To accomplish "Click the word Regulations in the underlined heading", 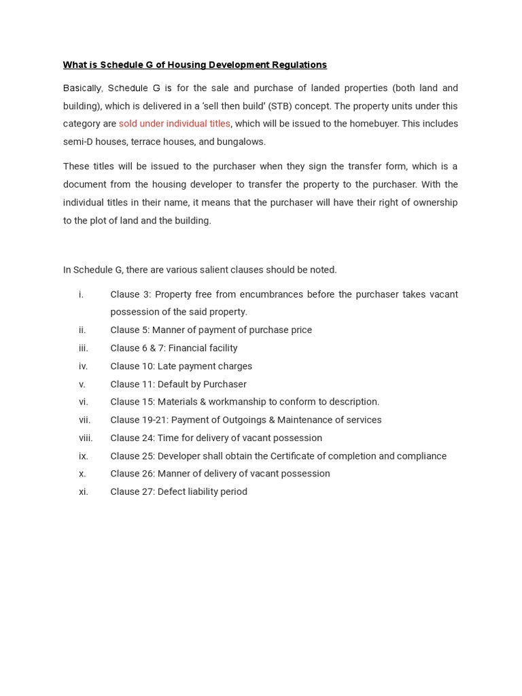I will (x=298, y=65).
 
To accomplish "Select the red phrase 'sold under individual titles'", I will (x=175, y=124).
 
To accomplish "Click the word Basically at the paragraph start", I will (x=82, y=88).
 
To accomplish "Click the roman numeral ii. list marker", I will (x=82, y=330).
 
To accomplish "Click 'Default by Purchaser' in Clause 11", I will (x=202, y=384).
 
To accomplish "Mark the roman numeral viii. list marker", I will (x=86, y=438).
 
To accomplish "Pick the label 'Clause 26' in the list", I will (x=131, y=474).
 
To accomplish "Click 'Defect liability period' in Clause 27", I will (x=202, y=491).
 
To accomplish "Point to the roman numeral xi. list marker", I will (x=84, y=491).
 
